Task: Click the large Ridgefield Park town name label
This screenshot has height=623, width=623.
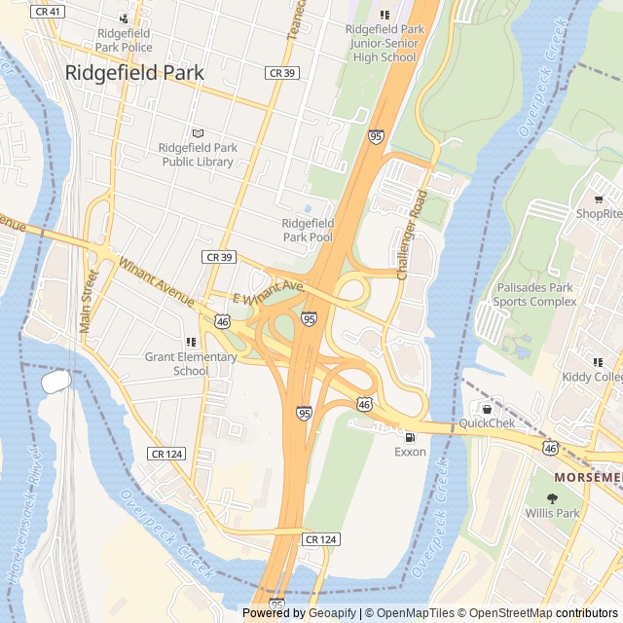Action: pos(134,72)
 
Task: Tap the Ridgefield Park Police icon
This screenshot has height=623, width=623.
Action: pos(124,18)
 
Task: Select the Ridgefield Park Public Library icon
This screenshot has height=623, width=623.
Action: pos(199,133)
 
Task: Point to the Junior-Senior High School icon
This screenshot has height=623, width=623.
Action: pos(385,15)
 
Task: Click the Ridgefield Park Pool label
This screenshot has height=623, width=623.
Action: pos(308,230)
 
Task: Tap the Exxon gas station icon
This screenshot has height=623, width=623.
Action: pos(410,437)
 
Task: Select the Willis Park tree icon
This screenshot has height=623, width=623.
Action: pos(553,497)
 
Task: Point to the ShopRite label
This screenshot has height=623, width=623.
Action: pos(599,213)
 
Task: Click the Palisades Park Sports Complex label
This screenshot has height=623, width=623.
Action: pos(534,295)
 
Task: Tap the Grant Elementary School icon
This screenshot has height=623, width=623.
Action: pos(191,342)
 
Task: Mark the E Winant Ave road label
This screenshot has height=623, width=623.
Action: pos(269,292)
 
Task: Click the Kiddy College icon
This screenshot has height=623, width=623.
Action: pos(598,362)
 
